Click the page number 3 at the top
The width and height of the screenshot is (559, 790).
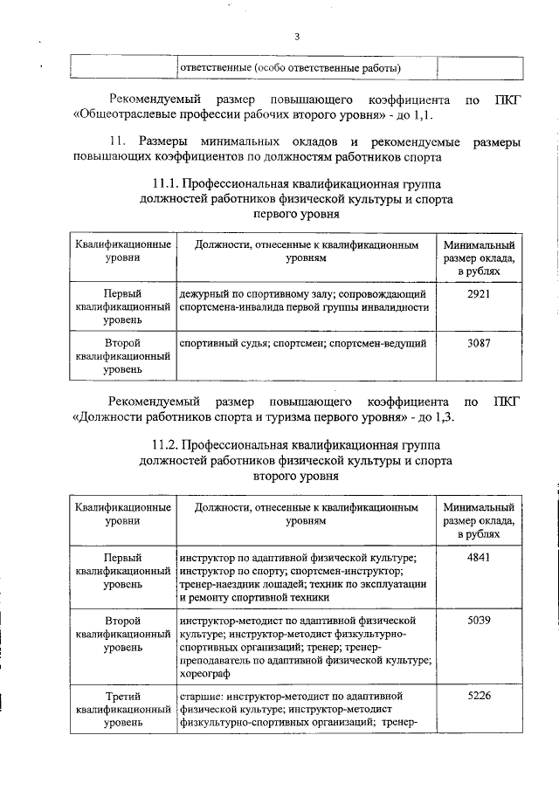coord(297,36)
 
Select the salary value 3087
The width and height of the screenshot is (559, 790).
coord(479,343)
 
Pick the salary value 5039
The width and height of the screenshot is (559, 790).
coord(479,621)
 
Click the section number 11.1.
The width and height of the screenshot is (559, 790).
coord(168,183)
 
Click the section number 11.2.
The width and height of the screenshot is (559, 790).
coord(168,445)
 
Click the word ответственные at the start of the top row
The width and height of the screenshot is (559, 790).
coord(215,67)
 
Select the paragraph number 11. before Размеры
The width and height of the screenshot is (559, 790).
coord(120,141)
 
